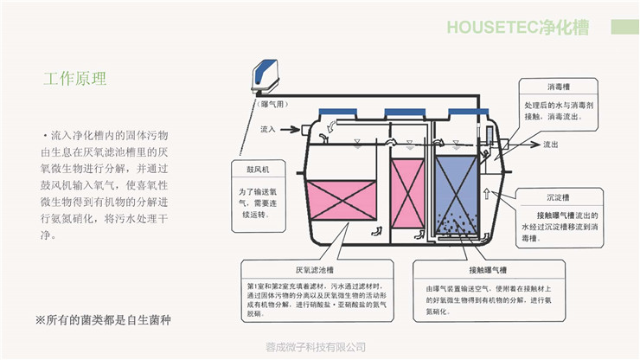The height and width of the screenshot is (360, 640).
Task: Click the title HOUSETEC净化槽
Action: (517, 27)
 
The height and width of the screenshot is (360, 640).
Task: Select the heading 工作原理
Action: (75, 79)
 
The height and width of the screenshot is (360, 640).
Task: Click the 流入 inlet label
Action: (268, 129)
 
